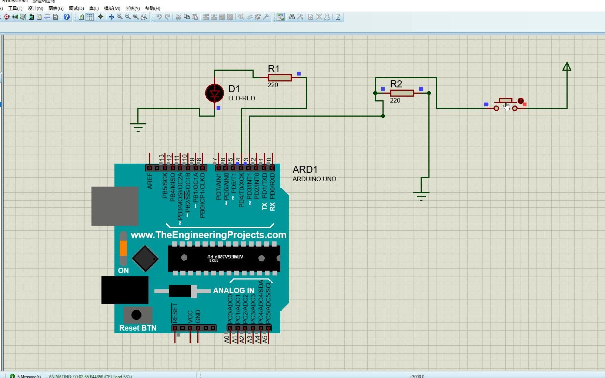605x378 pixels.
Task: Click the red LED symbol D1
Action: click(x=214, y=93)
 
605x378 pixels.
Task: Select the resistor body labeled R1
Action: click(x=280, y=77)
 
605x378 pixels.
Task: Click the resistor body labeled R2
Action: click(x=402, y=93)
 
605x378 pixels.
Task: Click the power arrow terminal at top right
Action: click(x=566, y=67)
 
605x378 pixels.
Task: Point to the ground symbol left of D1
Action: click(x=138, y=126)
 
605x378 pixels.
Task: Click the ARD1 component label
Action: click(x=305, y=170)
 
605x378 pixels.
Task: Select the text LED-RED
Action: click(x=241, y=98)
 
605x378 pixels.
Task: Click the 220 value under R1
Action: click(x=273, y=85)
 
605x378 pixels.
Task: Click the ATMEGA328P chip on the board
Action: click(x=224, y=258)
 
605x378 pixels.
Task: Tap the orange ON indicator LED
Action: click(x=123, y=248)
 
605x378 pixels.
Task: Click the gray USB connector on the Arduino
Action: click(x=115, y=206)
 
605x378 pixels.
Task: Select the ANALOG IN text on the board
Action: click(x=233, y=291)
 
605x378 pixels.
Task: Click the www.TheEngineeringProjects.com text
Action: click(x=208, y=235)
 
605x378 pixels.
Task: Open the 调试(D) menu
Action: click(x=76, y=8)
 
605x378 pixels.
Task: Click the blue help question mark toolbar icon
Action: click(x=67, y=17)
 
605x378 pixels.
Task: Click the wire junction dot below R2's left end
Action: click(x=383, y=116)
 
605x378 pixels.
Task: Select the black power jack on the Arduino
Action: click(x=125, y=290)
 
